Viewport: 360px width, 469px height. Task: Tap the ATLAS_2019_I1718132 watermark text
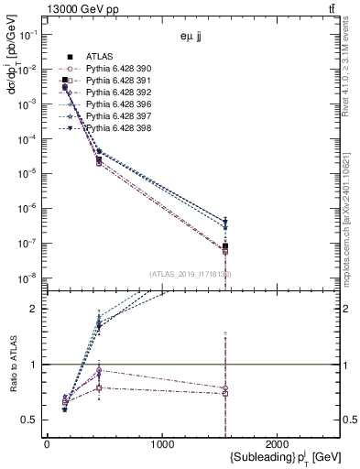coord(191,274)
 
